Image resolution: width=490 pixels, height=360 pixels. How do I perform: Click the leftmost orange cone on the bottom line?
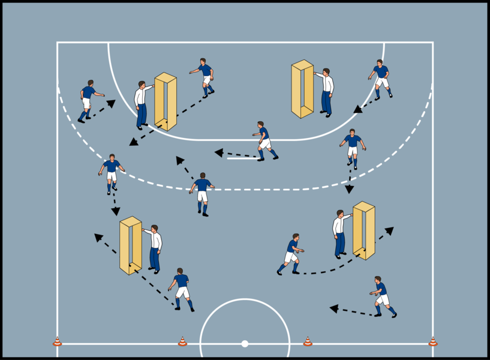[x=57, y=341]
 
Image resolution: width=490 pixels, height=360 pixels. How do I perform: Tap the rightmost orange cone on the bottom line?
[x=432, y=341]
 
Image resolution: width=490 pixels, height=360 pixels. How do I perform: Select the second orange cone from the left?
[x=182, y=341]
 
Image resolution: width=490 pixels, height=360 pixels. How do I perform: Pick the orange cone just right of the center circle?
[x=308, y=341]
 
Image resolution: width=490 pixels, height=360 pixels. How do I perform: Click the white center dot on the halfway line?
[x=245, y=344]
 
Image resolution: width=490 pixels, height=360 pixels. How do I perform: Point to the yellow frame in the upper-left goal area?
[x=166, y=101]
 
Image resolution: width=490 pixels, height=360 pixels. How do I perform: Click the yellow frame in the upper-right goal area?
[x=302, y=89]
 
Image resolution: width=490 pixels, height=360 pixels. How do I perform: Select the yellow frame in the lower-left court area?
[x=130, y=245]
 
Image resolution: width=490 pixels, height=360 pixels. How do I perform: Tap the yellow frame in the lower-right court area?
[x=363, y=230]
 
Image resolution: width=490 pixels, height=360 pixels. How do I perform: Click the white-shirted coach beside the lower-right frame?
[x=340, y=234]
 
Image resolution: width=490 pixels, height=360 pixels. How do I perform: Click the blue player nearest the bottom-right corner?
[x=382, y=296]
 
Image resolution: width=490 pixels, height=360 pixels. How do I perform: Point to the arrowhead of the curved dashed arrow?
[x=389, y=230]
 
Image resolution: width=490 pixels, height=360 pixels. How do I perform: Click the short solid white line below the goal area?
[x=243, y=158]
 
